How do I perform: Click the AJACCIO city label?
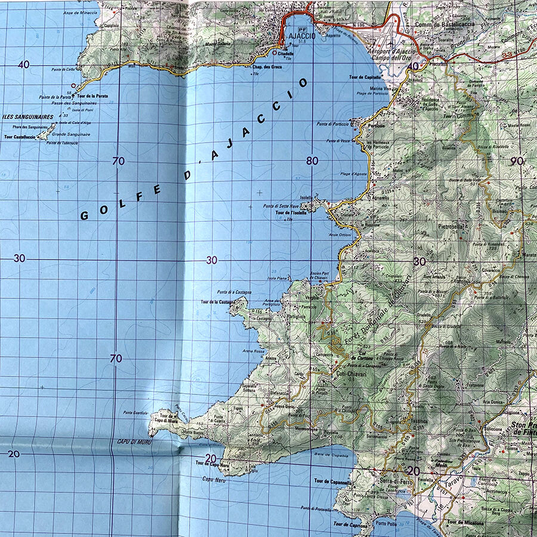298,35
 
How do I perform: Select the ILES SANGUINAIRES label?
28,117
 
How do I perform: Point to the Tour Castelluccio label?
20,137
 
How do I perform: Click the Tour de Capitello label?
365,77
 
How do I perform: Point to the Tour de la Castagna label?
217,303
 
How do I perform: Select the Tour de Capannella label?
332,480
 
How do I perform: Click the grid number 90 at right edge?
517,161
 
